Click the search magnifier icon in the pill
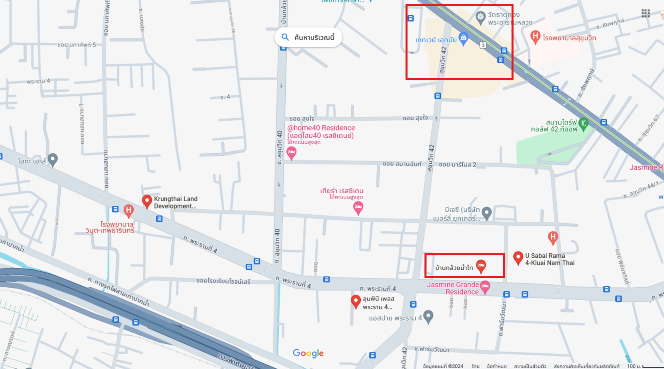pos(285,37)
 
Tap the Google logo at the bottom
pos(308,353)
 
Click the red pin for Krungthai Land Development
pos(147,201)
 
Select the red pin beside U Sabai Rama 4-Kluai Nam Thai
pos(518,257)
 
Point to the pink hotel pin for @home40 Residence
pos(292,152)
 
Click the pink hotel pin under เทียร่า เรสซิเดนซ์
pos(358,207)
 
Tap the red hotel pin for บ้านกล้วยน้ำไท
pos(481,266)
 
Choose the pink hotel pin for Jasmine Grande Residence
pos(485,287)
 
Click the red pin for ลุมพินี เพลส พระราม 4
pos(356,301)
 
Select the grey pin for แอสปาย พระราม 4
pos(428,316)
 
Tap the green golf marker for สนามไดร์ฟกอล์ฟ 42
pos(583,124)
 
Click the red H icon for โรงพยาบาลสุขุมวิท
pos(535,37)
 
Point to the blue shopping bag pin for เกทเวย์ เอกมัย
pos(463,38)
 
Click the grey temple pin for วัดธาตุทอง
pos(480,17)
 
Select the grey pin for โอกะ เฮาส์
pos(52,160)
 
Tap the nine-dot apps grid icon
pos(646,14)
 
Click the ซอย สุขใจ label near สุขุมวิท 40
pos(302,119)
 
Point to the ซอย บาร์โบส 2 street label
pos(457,164)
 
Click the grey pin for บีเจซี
pos(486,213)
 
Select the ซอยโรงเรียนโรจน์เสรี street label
pos(223,281)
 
